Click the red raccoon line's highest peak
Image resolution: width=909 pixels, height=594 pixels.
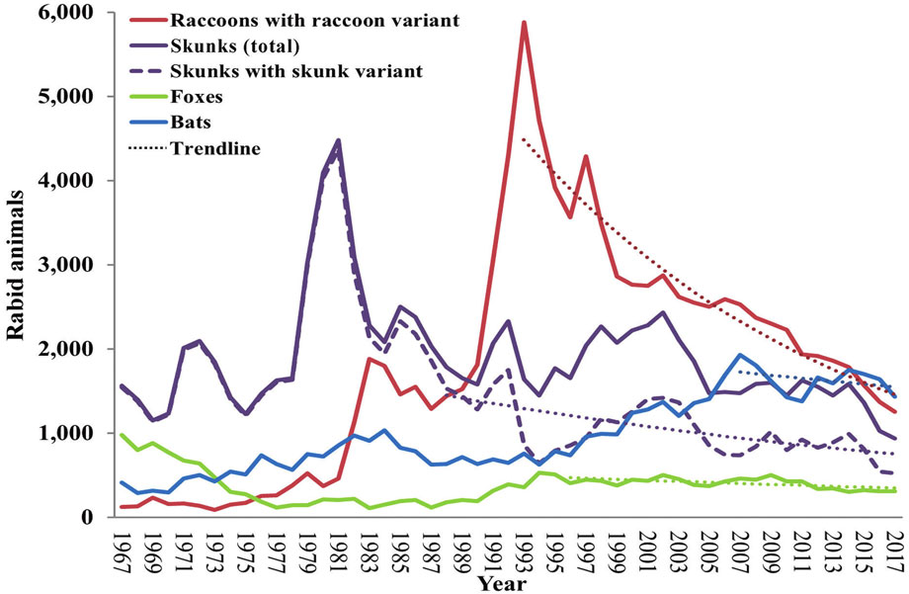click(524, 22)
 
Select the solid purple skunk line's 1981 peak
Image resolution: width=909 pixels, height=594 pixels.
click(338, 140)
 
